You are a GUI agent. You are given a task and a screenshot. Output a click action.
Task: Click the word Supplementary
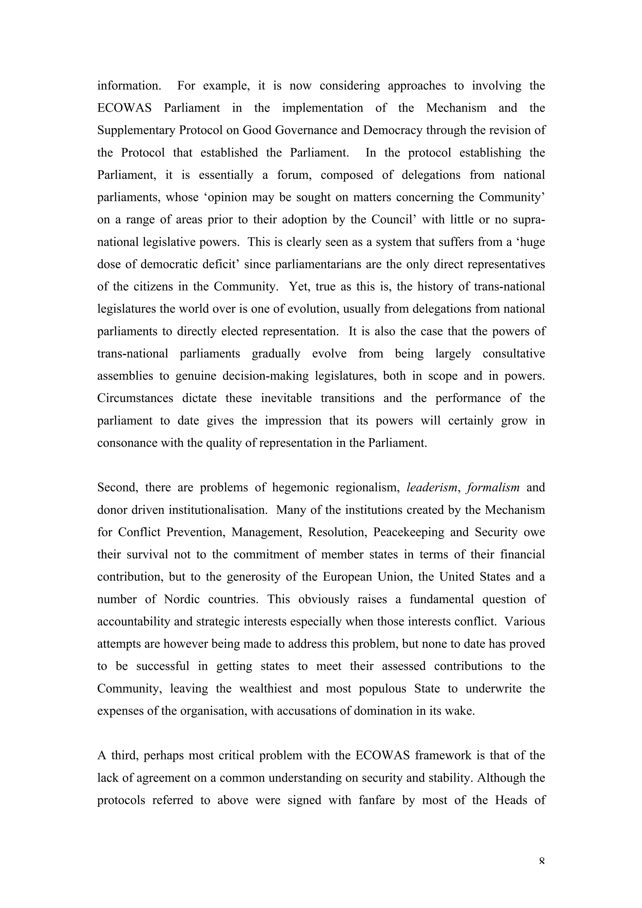coord(136,130)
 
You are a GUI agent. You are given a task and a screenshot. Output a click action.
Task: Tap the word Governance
coord(306,130)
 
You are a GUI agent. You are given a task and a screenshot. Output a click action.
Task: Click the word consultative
coord(513,354)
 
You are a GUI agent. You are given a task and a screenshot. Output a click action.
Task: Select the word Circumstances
coord(135,398)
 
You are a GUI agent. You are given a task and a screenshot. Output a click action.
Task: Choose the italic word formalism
coord(493,488)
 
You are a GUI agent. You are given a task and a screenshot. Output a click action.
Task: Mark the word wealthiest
coord(265,689)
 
